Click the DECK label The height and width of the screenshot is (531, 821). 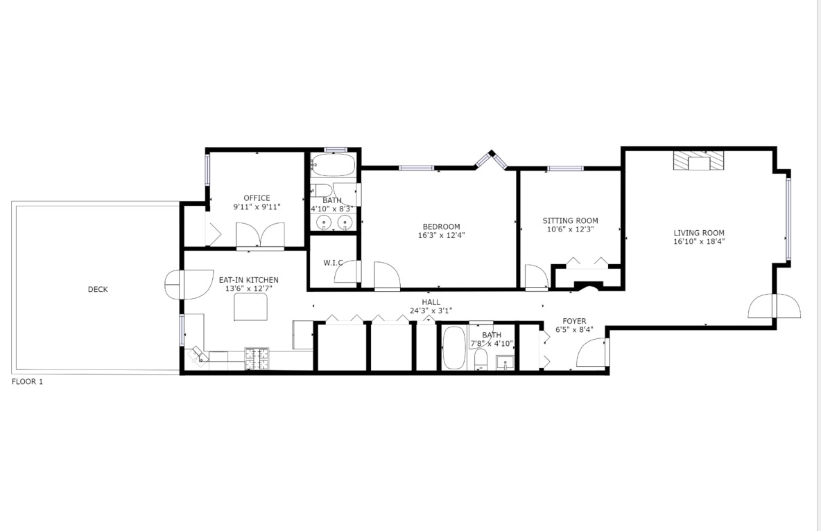pos(98,290)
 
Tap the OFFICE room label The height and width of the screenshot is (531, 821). pos(257,198)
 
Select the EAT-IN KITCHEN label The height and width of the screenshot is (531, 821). pos(248,280)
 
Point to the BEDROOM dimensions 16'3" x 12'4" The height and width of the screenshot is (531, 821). pos(441,235)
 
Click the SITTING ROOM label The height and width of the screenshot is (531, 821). pos(570,221)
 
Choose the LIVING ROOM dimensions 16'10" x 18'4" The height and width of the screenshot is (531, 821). pos(698,242)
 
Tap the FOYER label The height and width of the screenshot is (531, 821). pos(574,321)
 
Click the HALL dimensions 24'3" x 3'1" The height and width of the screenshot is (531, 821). pos(431,311)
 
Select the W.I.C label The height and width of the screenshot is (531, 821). pos(334,263)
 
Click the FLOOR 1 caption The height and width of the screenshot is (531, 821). pos(27,381)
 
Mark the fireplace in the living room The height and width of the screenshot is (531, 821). pos(698,161)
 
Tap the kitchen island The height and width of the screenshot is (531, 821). pos(251,307)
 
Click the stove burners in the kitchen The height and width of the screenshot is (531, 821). pos(257,357)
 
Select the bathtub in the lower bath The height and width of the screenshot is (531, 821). pos(454,347)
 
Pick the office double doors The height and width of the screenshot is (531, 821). pos(260,236)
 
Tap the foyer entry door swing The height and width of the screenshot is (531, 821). pos(591,352)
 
